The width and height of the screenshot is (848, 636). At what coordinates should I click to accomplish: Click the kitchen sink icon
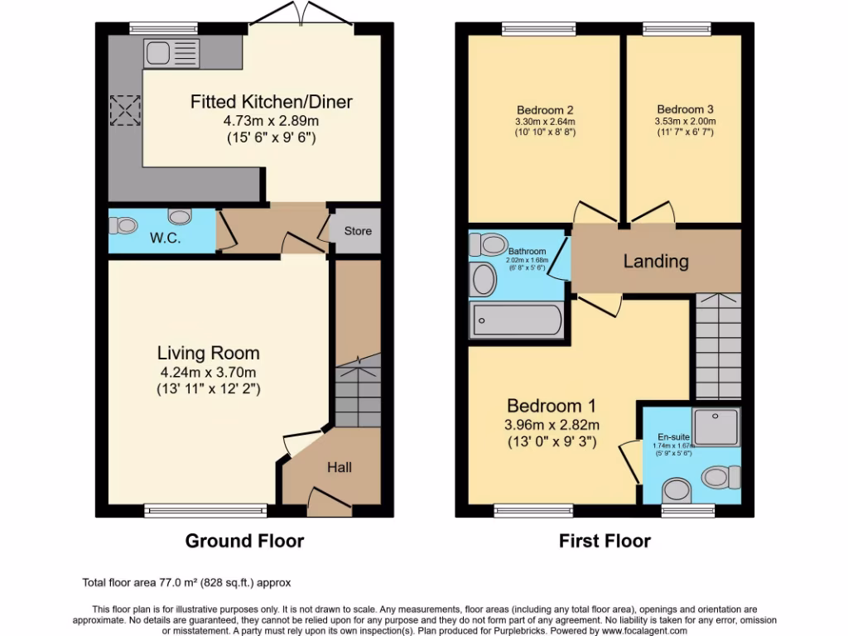pos(171,54)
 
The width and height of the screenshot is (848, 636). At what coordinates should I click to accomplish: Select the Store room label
pos(358,231)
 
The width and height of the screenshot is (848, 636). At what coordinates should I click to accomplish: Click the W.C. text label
pos(166,238)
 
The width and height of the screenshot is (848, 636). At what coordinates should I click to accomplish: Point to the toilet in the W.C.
pos(125,224)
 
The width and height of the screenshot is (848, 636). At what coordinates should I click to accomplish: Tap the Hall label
pos(340,467)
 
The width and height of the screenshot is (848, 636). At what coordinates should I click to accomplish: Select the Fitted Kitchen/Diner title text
pos(272,103)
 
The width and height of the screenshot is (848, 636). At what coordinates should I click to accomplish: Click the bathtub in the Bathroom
pos(516,320)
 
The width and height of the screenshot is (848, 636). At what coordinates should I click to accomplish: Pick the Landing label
pos(656,262)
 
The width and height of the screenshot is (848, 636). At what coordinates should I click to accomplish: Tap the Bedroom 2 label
pos(546,110)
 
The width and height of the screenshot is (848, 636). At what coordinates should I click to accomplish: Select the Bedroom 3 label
pos(686,109)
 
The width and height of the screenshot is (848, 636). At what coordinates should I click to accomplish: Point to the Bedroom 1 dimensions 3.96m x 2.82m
pos(552,425)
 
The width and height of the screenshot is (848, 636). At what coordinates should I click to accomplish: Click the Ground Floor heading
pos(244,541)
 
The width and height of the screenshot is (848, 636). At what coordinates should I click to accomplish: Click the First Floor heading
pos(605,541)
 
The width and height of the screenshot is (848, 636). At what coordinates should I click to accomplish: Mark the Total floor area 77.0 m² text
pos(187,583)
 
